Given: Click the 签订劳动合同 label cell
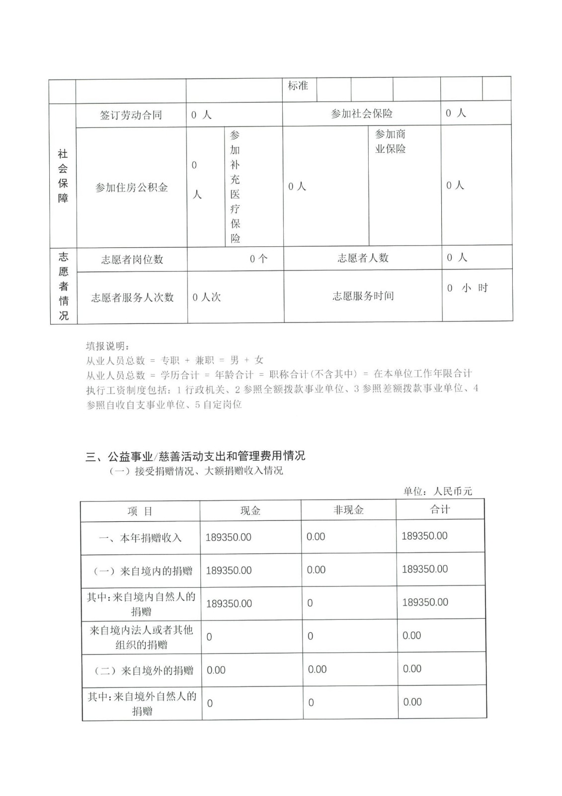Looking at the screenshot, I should pos(131,115).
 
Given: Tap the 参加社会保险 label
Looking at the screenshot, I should pos(362,114).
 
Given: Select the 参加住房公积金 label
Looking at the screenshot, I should pos(131,188).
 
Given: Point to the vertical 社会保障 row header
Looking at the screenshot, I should pos(63,176).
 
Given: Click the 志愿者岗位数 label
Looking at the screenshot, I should pos(132,259).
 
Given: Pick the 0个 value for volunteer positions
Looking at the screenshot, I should pos(258,259).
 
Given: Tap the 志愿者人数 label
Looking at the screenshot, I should pos(363,258).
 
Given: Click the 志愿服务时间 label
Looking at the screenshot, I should pos(363,296).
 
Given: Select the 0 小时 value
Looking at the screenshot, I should pos(467,288).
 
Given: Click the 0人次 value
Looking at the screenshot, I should pos(206,298).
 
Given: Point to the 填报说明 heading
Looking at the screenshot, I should pos(107,346).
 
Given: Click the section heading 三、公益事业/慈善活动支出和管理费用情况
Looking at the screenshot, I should pos(195,456).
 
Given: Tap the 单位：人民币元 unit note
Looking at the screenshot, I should pos(437,492).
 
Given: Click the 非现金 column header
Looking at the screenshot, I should pos(348,510).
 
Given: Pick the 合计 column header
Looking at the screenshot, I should pos(440,509).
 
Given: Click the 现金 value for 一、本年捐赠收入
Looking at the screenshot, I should pos(229,537).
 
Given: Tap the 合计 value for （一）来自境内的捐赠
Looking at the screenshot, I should pos(425,569).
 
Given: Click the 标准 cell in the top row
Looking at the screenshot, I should pos(298,86).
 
